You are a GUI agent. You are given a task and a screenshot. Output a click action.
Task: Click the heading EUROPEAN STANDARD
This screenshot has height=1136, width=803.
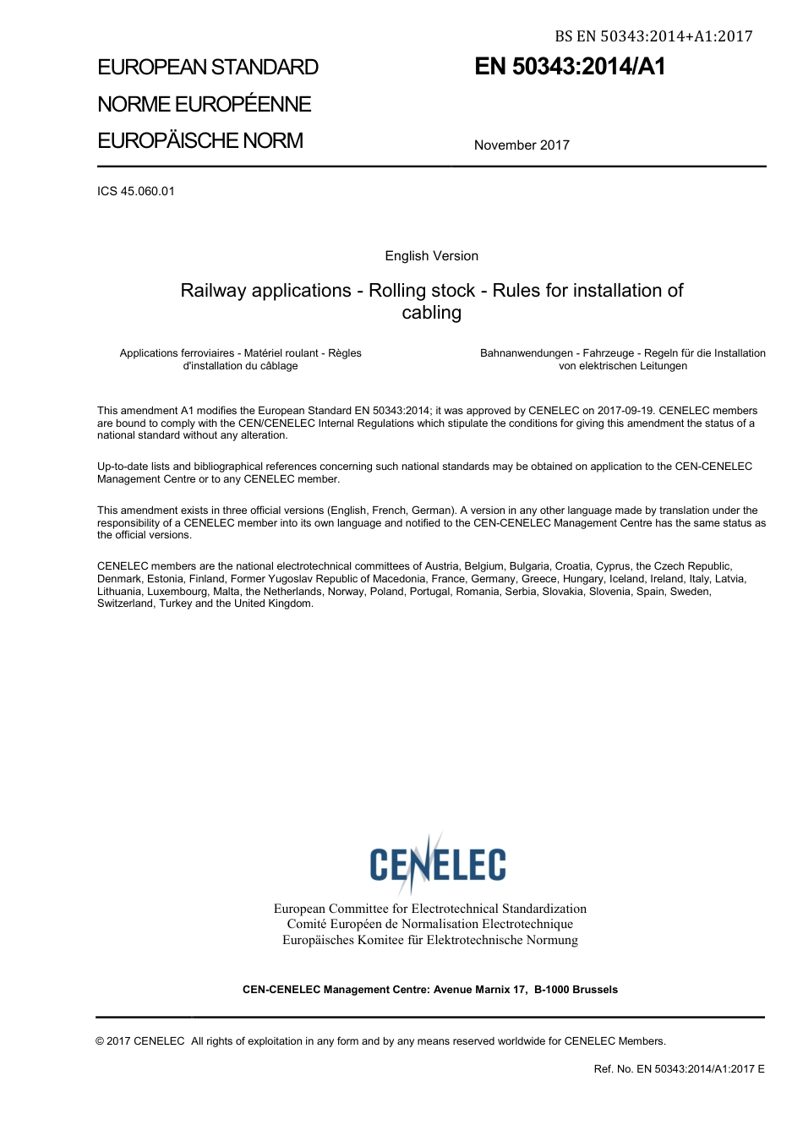[208, 67]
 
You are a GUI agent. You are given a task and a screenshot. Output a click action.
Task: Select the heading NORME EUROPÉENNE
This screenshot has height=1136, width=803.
[204, 104]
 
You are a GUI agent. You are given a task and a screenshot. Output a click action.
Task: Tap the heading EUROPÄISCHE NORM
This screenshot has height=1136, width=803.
[199, 140]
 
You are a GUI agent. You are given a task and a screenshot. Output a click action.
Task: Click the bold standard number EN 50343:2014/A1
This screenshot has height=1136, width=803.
[570, 67]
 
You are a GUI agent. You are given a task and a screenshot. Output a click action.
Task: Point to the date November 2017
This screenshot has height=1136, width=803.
[522, 145]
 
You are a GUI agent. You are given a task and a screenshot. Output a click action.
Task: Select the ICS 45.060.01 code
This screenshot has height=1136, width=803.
[136, 191]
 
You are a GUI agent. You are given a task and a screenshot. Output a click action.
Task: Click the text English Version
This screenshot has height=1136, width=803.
[431, 256]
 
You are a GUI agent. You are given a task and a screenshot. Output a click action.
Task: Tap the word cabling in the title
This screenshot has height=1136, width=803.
[431, 313]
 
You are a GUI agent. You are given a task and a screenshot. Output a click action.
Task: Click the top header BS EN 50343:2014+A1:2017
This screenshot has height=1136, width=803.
[653, 36]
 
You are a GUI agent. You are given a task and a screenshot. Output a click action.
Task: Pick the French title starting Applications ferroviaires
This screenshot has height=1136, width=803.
[240, 359]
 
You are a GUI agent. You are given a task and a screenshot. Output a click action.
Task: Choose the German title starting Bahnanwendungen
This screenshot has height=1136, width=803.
[622, 359]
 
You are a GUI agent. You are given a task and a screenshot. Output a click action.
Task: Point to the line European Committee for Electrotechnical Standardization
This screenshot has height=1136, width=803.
[429, 909]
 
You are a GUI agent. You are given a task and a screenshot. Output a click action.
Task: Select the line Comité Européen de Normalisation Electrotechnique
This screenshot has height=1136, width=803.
[429, 924]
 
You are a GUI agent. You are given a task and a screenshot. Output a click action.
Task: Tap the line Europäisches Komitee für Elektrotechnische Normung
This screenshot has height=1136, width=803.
[429, 940]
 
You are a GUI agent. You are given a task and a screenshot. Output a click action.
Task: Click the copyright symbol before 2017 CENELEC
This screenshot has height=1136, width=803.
[101, 1041]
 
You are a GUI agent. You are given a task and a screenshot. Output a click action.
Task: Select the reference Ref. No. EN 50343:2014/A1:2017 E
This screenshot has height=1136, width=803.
[679, 1069]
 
